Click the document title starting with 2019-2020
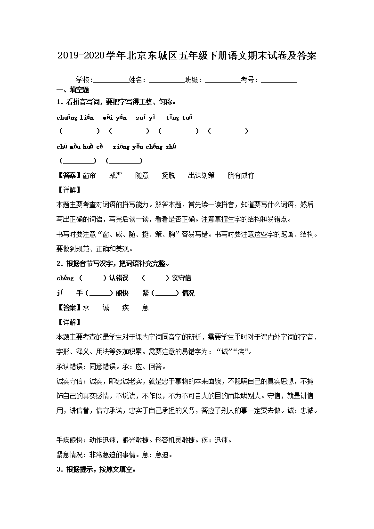(187, 56)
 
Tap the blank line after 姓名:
(167, 81)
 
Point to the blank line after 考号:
(279, 81)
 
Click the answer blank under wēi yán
(129, 131)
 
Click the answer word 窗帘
(89, 175)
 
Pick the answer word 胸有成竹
(241, 175)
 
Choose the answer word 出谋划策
(201, 175)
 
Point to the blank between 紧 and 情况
(166, 293)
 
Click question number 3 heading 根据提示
(96, 470)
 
